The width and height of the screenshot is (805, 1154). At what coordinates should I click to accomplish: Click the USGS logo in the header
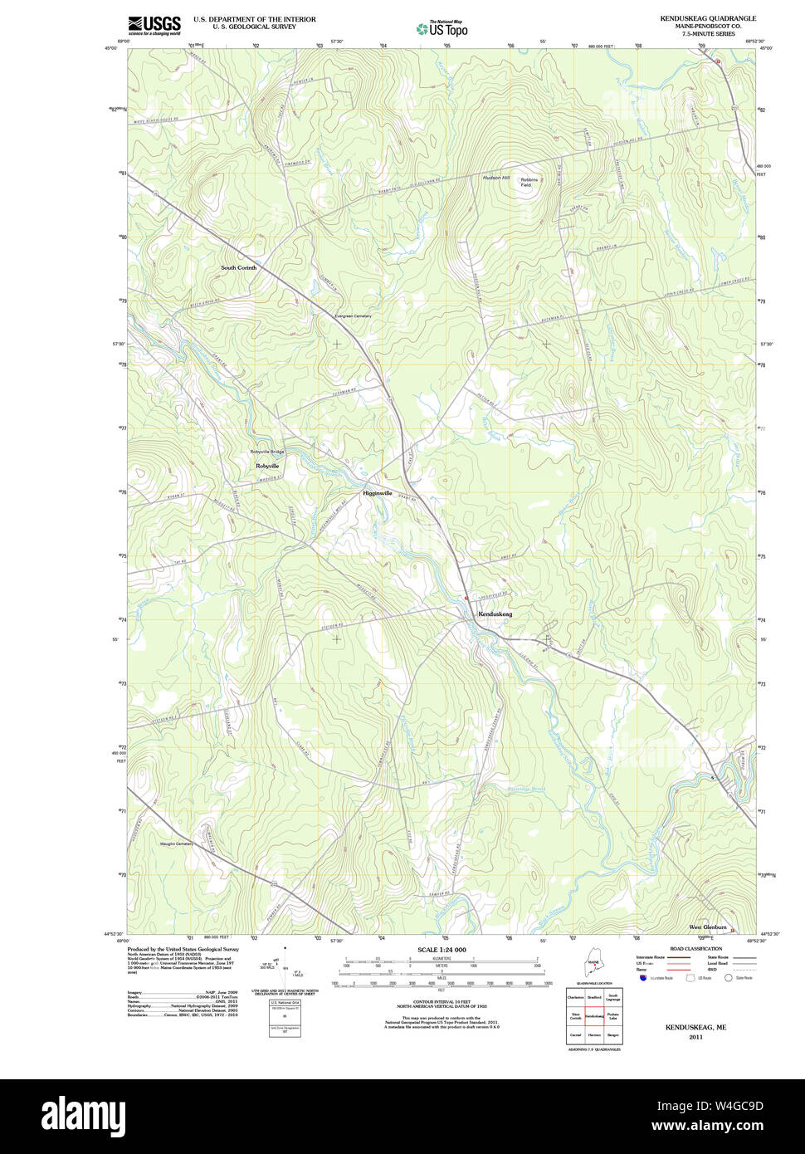[154, 25]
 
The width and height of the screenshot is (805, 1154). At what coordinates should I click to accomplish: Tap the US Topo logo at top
[442, 29]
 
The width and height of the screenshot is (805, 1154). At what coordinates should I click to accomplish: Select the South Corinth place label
[238, 268]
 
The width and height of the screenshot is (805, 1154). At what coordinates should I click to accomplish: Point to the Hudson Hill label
[496, 178]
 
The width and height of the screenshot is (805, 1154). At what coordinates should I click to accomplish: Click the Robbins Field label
[529, 182]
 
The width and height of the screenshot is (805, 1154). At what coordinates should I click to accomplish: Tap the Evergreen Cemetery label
[353, 316]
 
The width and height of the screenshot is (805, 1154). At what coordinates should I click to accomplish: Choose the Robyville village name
[267, 467]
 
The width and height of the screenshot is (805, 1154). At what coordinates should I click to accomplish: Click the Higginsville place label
[377, 493]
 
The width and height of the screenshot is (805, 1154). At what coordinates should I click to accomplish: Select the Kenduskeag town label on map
[495, 614]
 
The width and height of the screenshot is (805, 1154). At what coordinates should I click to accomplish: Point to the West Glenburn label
[707, 927]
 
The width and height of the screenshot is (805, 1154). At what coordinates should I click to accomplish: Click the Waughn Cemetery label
[176, 844]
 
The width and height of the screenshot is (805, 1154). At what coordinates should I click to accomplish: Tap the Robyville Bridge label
[267, 452]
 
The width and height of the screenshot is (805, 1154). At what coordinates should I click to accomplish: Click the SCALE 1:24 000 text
[442, 950]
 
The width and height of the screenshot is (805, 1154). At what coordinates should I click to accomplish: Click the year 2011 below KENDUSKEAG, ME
[695, 1037]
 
